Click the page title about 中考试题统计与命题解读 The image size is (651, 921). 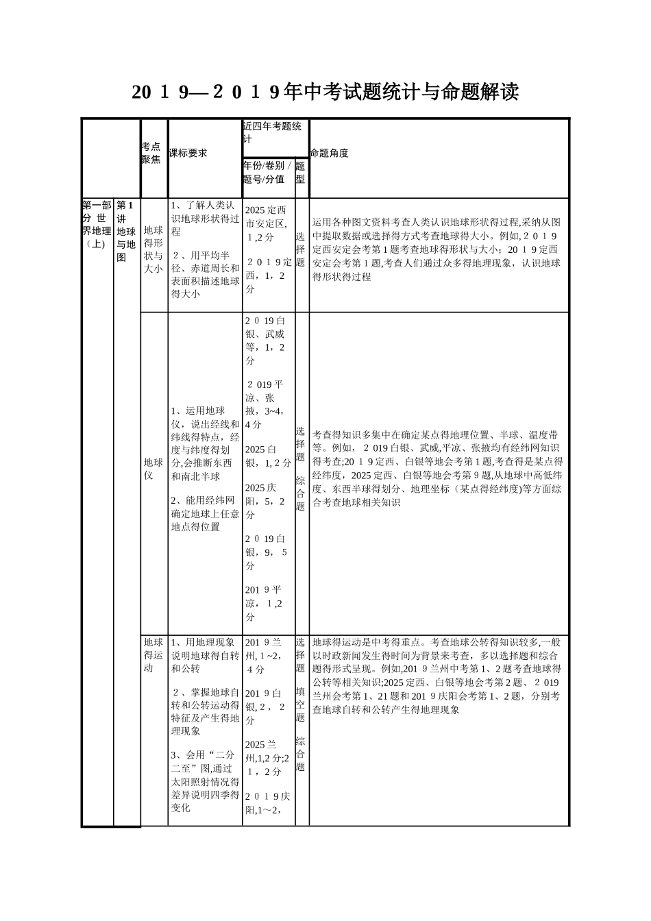coord(325,92)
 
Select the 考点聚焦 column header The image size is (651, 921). coord(151,153)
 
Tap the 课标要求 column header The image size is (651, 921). coord(188,153)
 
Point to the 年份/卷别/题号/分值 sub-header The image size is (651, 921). coord(267,173)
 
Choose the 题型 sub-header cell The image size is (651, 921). coord(300,173)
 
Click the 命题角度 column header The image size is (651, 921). coord(330,153)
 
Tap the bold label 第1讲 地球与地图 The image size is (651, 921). coord(126,231)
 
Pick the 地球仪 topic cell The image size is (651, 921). coord(153,469)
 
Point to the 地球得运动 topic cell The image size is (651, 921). coord(153,655)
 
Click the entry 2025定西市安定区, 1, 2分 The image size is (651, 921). coord(267,223)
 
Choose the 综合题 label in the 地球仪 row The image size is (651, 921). coord(300,493)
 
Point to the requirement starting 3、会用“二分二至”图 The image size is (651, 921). coord(205,781)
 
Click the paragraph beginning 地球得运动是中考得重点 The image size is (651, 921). coord(437,675)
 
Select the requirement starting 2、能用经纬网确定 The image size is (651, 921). coord(205,514)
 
